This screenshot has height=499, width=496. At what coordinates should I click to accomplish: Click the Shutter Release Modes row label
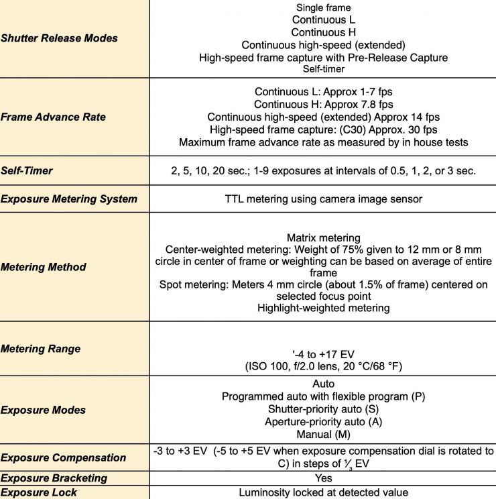click(x=59, y=38)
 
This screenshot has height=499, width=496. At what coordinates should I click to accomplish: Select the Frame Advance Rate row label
click(x=54, y=117)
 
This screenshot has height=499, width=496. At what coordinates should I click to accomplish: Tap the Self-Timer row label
click(x=27, y=170)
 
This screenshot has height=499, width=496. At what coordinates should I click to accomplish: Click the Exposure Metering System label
click(x=69, y=199)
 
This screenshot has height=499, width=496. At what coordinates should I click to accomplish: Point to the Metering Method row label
click(x=44, y=267)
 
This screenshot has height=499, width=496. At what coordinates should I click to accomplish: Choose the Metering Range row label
click(x=41, y=349)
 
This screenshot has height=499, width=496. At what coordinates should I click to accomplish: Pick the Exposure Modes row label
click(x=44, y=409)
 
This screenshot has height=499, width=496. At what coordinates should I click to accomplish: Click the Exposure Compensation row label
click(x=64, y=457)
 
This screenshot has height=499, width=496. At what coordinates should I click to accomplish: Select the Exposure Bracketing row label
click(x=54, y=478)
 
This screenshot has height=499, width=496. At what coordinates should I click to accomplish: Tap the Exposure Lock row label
click(x=39, y=492)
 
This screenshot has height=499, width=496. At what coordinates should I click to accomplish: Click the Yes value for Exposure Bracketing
click(x=324, y=478)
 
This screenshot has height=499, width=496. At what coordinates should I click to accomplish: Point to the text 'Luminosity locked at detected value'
click(x=323, y=492)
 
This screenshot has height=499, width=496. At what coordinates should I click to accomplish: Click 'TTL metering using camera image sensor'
click(x=323, y=199)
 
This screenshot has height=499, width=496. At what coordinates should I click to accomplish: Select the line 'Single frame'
click(x=323, y=8)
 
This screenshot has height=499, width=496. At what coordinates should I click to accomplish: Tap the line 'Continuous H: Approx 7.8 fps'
click(x=323, y=104)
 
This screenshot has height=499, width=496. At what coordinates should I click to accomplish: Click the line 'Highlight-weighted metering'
click(x=323, y=308)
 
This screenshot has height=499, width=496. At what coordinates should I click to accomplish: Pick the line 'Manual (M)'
click(x=323, y=434)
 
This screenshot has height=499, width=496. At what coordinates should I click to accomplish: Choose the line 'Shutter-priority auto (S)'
click(x=323, y=409)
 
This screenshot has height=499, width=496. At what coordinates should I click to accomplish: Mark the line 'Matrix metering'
click(x=323, y=237)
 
